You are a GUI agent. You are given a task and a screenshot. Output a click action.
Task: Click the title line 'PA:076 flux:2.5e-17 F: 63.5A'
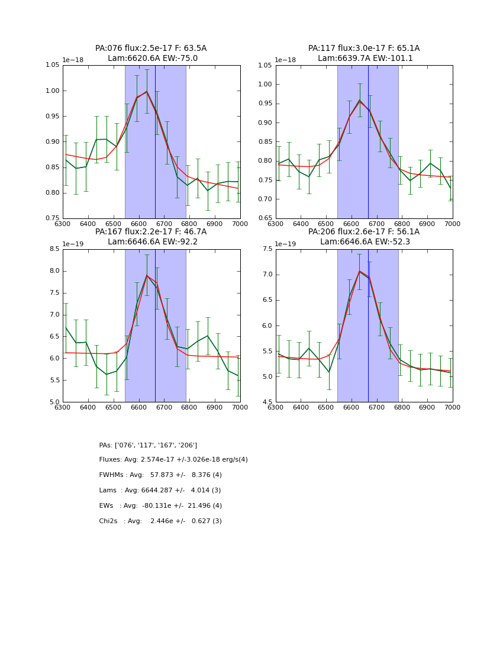point(151,49)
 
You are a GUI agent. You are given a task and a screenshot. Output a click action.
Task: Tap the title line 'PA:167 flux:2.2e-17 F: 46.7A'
point(151,232)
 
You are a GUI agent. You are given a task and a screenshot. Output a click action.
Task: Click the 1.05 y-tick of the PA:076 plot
point(53,65)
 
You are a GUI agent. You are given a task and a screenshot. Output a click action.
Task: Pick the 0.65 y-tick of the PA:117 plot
point(265,218)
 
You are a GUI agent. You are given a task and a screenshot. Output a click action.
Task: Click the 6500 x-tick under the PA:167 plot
point(114,407)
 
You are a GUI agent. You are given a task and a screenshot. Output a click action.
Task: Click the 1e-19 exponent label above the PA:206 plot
point(286,244)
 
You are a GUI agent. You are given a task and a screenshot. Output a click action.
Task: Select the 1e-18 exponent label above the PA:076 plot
point(73,60)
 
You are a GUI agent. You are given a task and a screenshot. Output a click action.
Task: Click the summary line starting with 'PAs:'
point(148,445)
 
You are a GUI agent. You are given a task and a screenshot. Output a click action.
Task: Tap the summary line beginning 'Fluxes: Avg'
point(173,460)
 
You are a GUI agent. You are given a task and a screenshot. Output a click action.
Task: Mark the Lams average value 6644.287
point(162,491)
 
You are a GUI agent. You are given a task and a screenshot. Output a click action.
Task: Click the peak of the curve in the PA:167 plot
point(147,275)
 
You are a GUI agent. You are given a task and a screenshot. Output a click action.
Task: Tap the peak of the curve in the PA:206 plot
point(359,271)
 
